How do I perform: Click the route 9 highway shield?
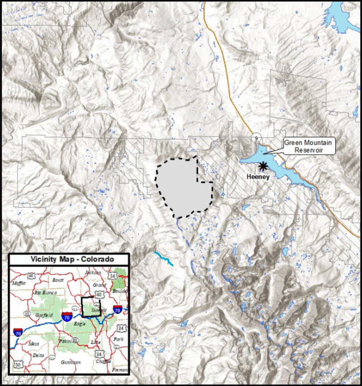[x=255, y=138]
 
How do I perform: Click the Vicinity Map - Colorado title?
[x=72, y=260]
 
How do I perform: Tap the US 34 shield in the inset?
[x=113, y=277]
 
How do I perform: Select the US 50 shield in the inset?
[x=17, y=365]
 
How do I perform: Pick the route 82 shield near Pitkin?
[x=76, y=340]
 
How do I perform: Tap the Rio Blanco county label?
[x=45, y=293]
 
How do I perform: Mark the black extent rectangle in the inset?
[x=92, y=307]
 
